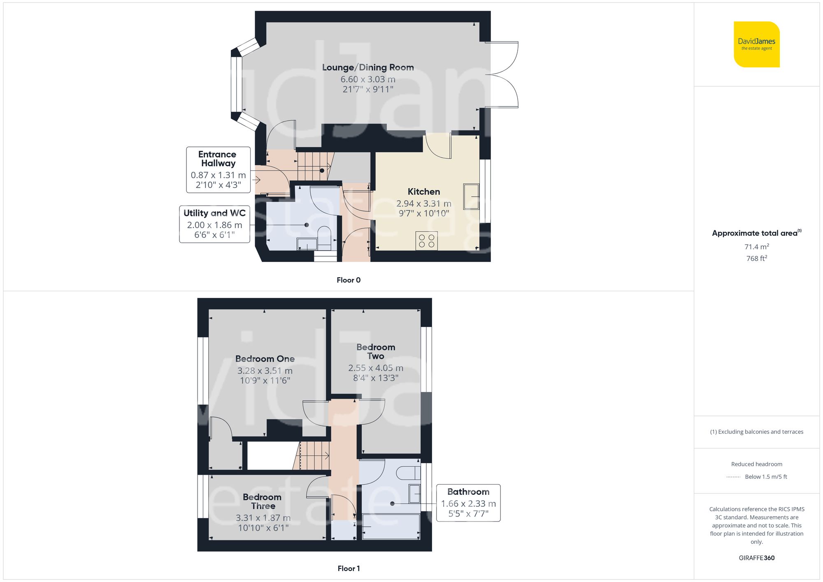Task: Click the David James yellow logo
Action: click(x=756, y=44)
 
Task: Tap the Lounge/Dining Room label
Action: click(x=368, y=67)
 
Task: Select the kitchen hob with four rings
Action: click(x=426, y=241)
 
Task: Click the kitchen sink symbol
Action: click(x=471, y=197)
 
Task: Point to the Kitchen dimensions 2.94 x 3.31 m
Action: click(x=423, y=204)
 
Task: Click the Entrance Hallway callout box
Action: click(x=218, y=169)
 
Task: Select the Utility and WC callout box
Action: click(x=214, y=224)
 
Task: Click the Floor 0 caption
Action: click(x=349, y=280)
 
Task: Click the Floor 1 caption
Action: click(x=349, y=568)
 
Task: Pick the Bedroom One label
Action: click(x=265, y=359)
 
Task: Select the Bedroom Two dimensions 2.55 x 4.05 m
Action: click(x=375, y=368)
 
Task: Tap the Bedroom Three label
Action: click(x=262, y=501)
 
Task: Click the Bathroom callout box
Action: click(x=468, y=503)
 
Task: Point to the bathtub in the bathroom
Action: click(x=391, y=526)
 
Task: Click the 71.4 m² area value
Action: click(x=756, y=247)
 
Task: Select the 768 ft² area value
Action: click(x=756, y=258)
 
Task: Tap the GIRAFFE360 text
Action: click(x=756, y=558)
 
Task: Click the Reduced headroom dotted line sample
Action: click(x=733, y=477)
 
